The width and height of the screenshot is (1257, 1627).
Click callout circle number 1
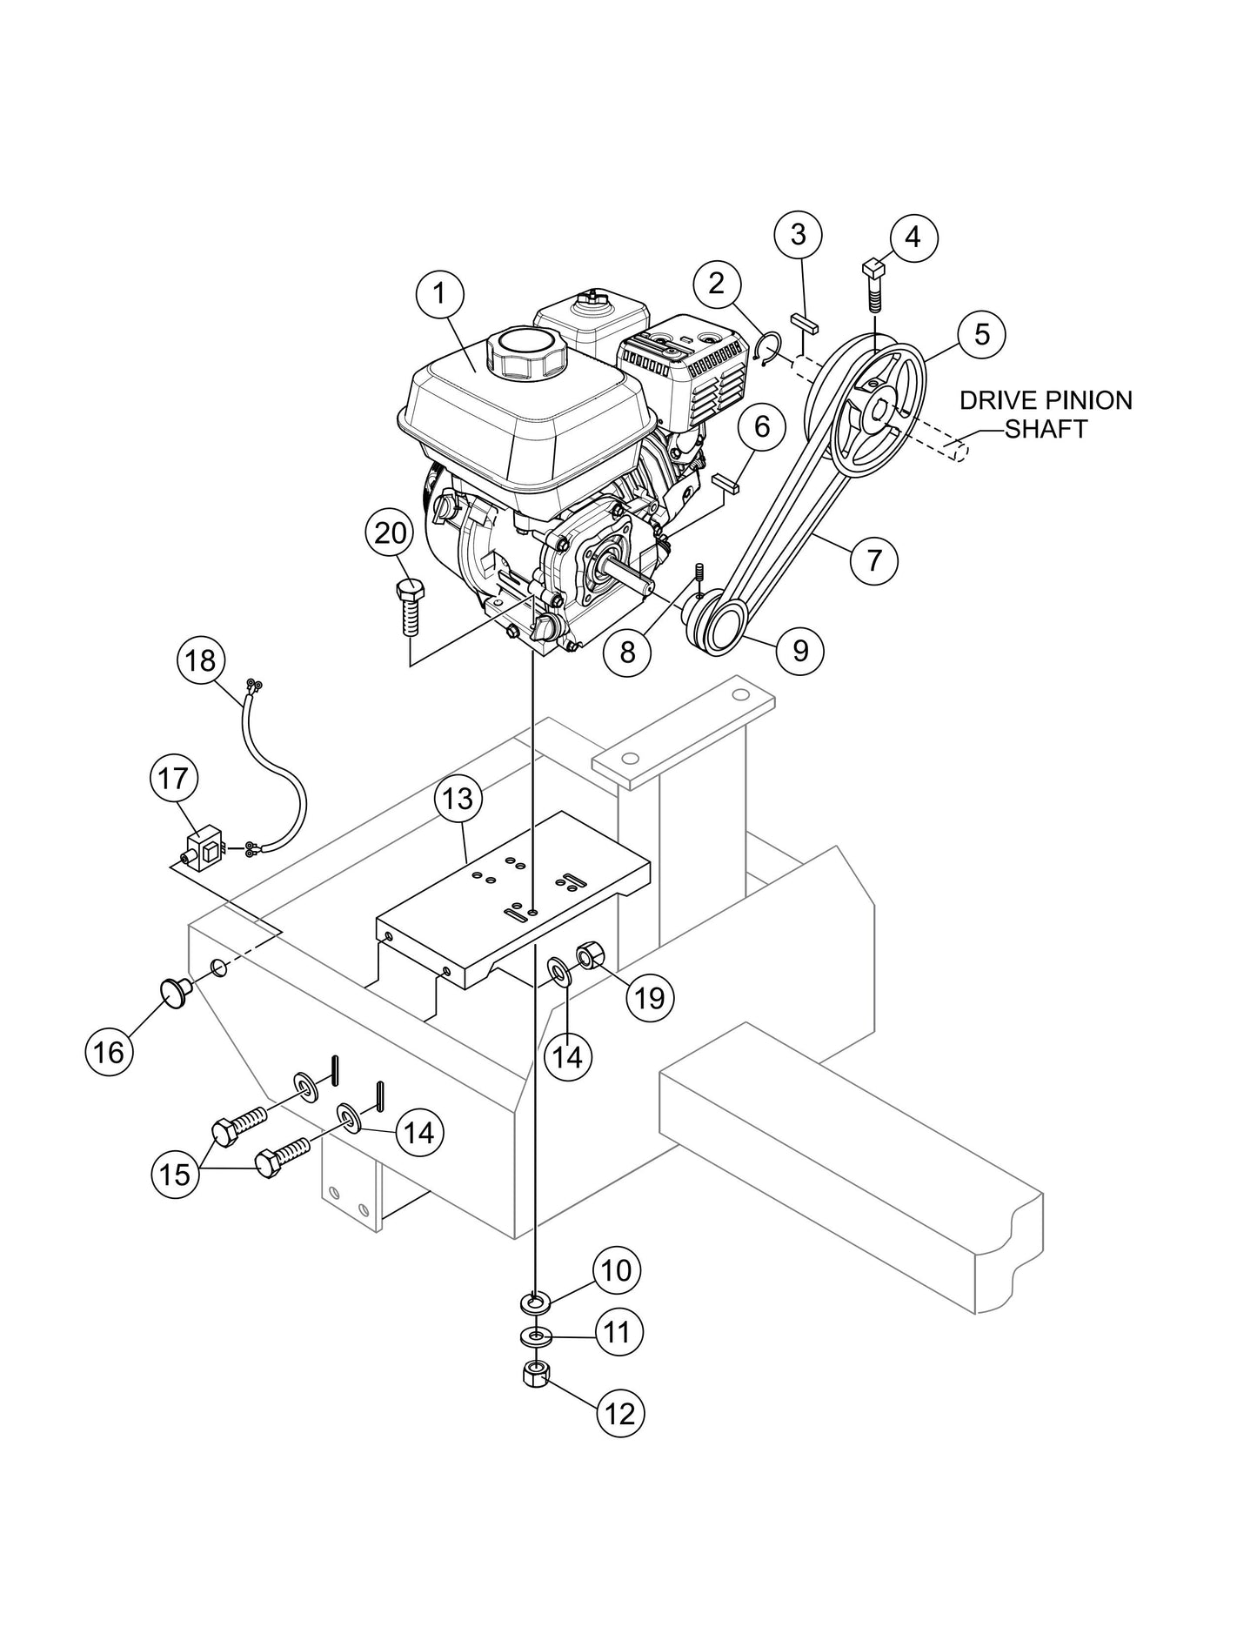click(440, 293)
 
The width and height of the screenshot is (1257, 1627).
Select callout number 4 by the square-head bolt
click(913, 237)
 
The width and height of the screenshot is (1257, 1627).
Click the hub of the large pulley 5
click(878, 406)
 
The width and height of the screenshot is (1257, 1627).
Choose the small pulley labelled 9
click(716, 628)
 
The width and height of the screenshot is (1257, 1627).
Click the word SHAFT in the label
click(1046, 429)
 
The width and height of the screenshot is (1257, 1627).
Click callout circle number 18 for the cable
click(201, 660)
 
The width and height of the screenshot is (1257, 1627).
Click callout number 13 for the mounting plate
click(458, 798)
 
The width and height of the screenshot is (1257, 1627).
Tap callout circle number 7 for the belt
click(875, 559)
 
